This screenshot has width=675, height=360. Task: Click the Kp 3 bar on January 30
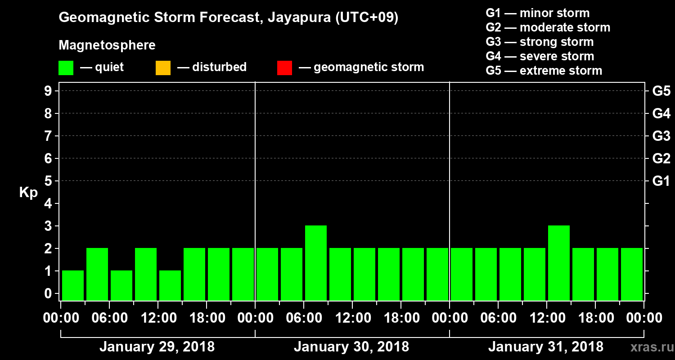pos(316,263)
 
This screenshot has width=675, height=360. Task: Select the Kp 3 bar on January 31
pos(559,263)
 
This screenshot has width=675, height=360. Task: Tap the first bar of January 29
pos(73,285)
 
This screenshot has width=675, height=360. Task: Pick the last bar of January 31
pos(632,274)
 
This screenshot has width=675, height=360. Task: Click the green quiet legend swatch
pos(66,68)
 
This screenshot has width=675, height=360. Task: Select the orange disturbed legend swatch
pos(163,68)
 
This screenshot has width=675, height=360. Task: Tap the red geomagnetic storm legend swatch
pos(284,68)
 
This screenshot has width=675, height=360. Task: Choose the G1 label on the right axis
pos(661,181)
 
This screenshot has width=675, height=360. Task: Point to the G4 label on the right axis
pos(661,114)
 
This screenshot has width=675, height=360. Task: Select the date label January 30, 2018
pos(351,347)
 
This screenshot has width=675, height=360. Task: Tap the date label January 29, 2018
pos(157,347)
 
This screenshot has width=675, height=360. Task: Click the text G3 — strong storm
pos(540,42)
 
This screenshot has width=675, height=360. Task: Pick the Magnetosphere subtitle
pos(107,45)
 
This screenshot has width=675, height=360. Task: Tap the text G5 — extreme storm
pos(544,71)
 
